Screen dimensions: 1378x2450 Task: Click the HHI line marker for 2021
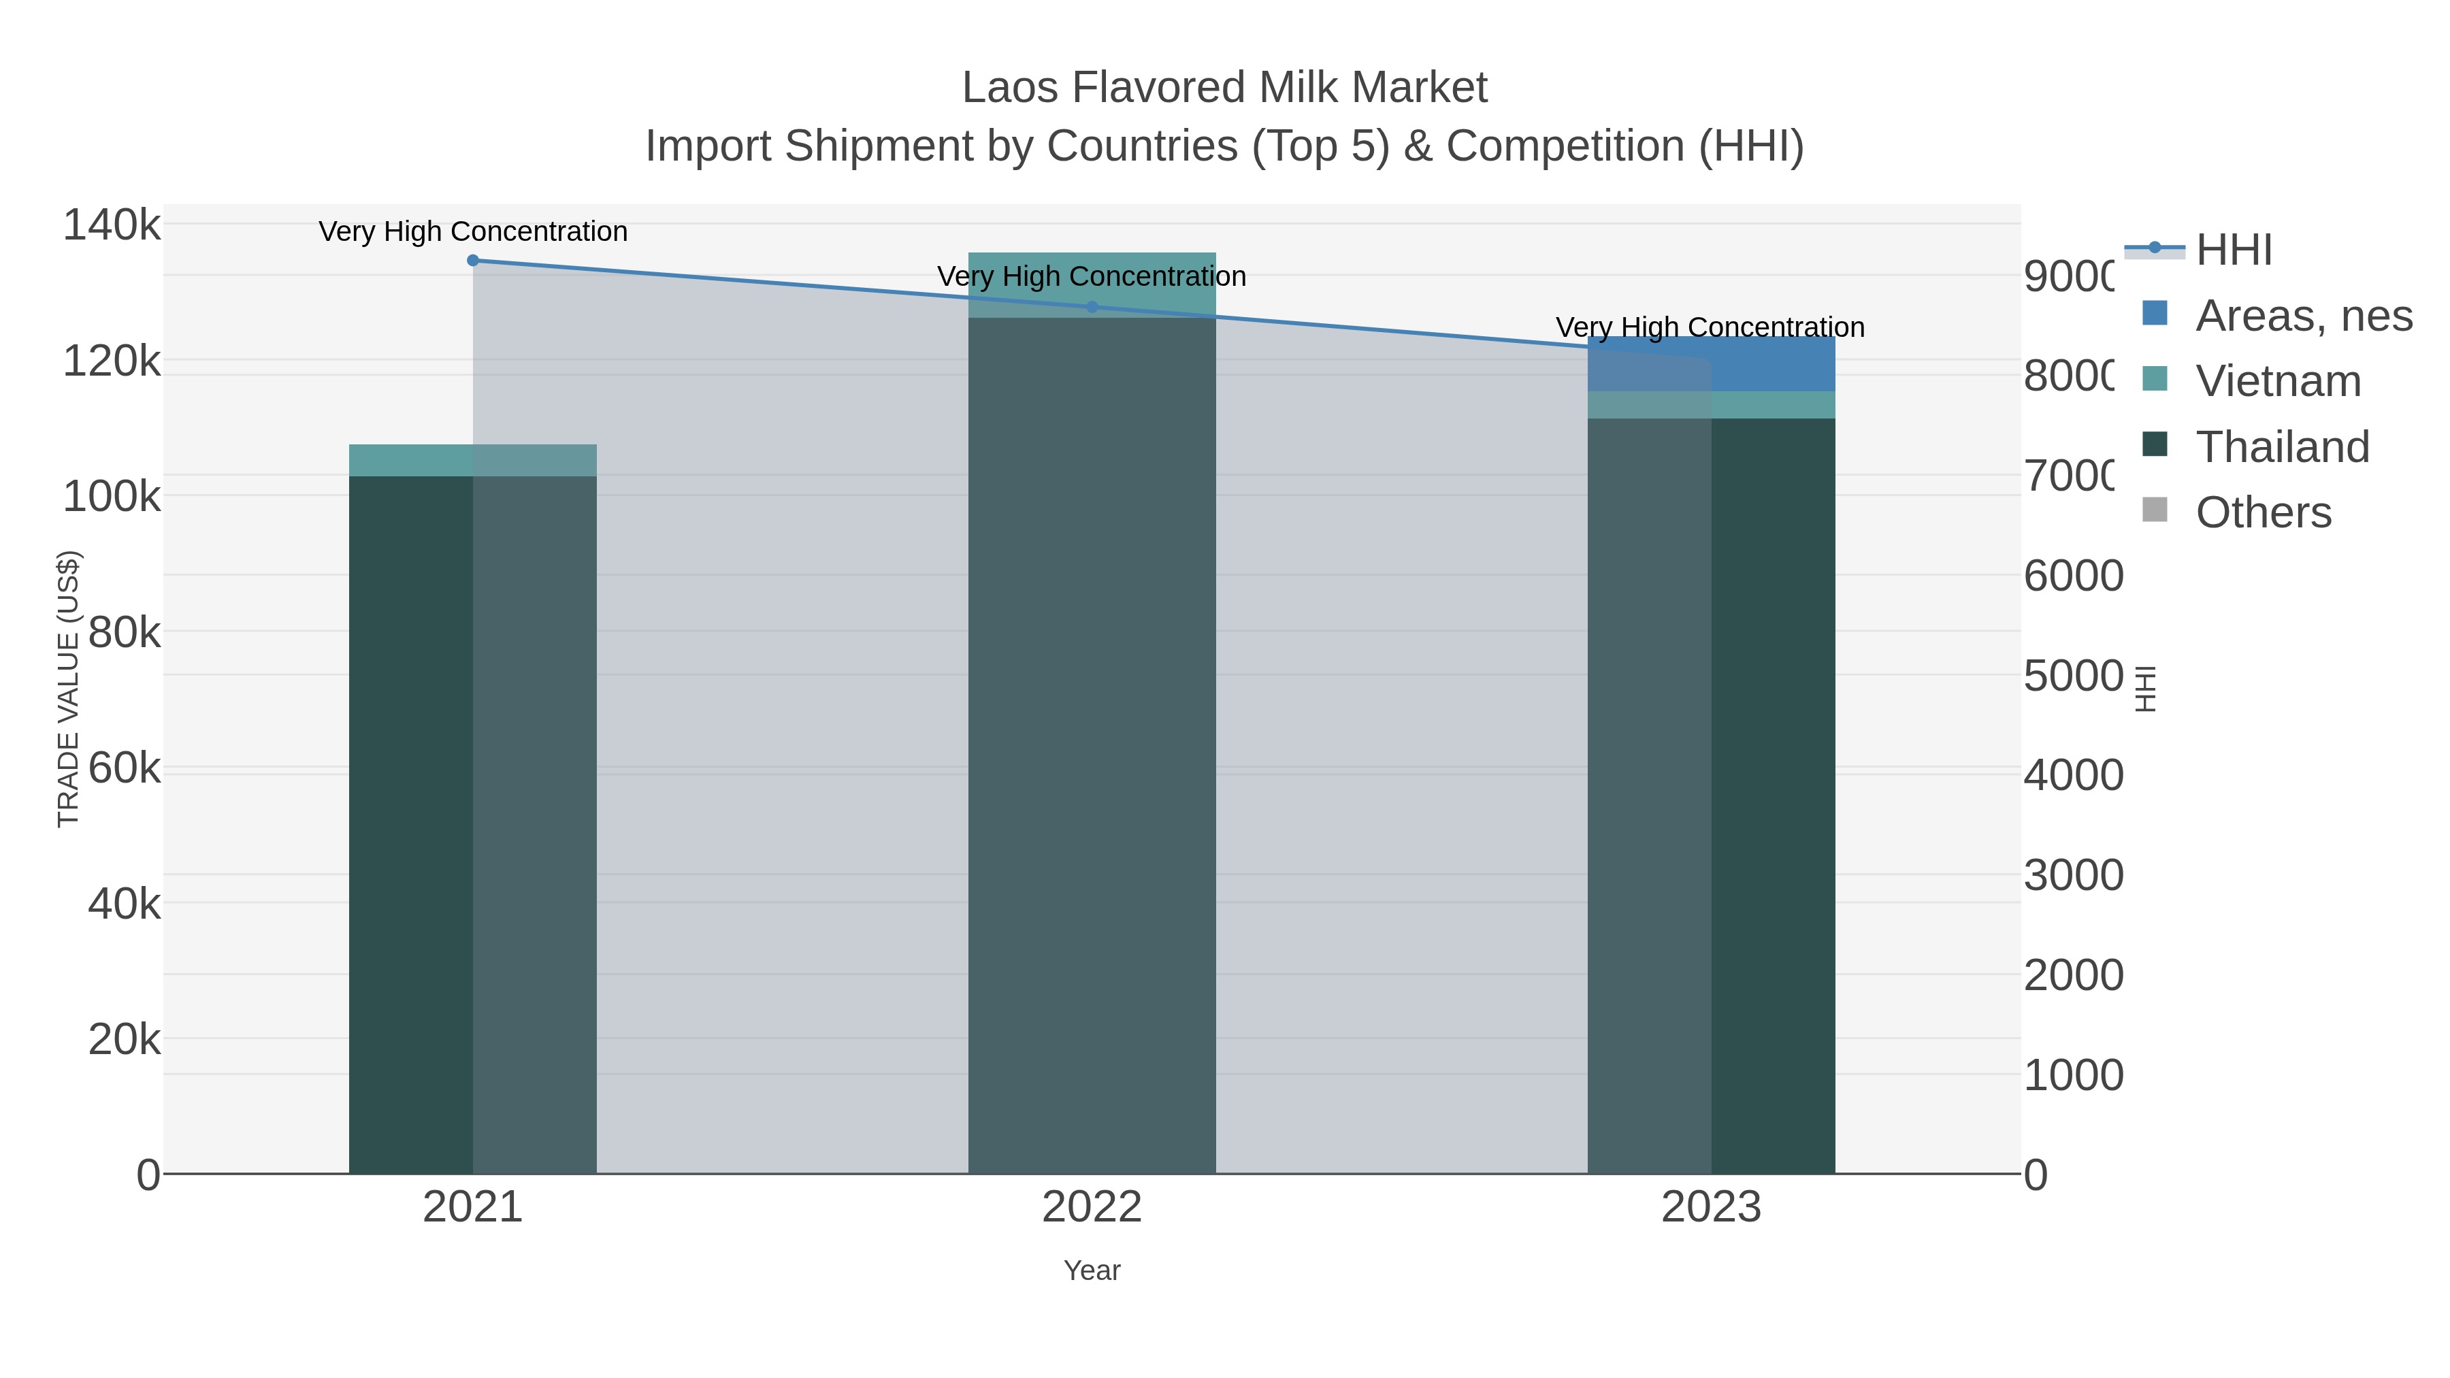[x=473, y=261]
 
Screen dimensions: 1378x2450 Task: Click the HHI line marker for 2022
[x=1092, y=307]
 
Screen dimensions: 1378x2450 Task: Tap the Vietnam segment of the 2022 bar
[x=1092, y=284]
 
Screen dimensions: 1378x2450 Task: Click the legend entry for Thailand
[x=2282, y=447]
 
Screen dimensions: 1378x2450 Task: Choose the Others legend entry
[x=2263, y=512]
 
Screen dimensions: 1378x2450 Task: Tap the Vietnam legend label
[x=2278, y=381]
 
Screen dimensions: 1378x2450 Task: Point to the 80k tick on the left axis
[x=124, y=632]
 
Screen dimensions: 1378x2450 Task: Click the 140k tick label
[x=112, y=227]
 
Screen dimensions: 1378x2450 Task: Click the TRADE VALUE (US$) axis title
[x=69, y=689]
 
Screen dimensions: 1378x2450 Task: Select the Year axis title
[x=1092, y=1270]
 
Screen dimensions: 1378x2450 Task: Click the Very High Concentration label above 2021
[x=473, y=232]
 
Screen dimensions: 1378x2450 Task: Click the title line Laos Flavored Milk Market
[x=1224, y=88]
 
